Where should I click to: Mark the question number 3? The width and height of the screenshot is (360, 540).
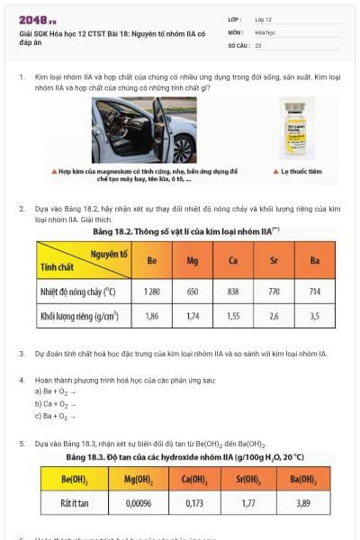click(22, 355)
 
